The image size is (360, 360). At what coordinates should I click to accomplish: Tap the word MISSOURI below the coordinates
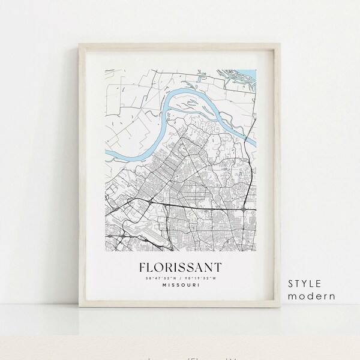(x=180, y=285)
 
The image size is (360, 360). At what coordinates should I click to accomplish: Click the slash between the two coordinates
(x=180, y=277)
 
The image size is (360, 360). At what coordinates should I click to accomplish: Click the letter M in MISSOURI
(x=163, y=285)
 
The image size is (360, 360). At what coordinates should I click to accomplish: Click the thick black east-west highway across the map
(x=180, y=206)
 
